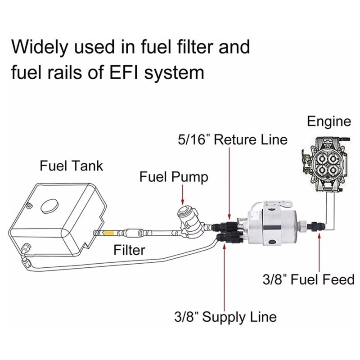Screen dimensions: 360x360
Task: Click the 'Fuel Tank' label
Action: (71, 166)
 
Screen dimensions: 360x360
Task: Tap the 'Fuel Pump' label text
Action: (174, 177)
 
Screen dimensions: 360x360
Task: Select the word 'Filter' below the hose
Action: (129, 250)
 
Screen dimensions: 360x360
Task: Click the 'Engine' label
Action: (329, 121)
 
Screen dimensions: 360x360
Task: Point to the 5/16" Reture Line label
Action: (233, 139)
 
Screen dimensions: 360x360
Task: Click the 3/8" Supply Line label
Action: (225, 317)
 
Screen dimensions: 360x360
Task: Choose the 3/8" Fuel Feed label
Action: (309, 279)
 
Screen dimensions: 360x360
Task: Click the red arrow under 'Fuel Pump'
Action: (183, 195)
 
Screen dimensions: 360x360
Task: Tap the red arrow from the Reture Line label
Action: (229, 183)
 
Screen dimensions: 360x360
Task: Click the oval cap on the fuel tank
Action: (49, 206)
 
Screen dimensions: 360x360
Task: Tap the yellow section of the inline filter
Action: (108, 233)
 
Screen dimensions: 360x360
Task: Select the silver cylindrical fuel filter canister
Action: (272, 227)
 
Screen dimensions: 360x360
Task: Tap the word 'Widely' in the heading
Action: (40, 48)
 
